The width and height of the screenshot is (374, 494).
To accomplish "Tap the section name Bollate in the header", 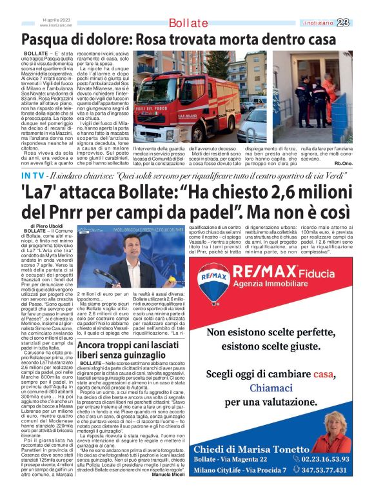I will (188, 24).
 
